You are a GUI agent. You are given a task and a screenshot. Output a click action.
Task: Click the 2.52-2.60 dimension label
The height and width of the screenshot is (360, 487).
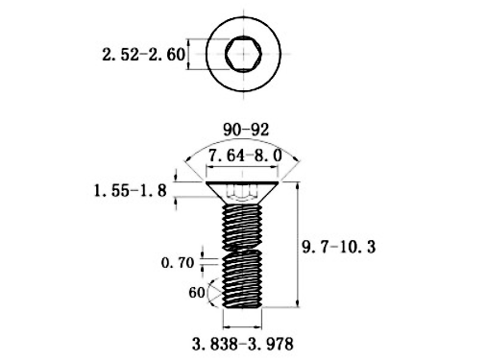[143, 55]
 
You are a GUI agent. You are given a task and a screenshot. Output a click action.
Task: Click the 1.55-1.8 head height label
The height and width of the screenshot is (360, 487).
[133, 191]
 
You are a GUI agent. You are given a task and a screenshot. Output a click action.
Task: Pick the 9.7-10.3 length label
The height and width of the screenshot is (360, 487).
[339, 248]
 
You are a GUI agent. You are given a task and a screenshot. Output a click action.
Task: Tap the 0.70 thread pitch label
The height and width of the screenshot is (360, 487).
[177, 261]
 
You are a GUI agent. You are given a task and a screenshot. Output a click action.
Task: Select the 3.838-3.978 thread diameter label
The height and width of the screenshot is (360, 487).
[243, 342]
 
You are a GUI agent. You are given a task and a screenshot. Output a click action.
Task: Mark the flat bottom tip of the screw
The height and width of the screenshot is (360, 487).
[242, 306]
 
